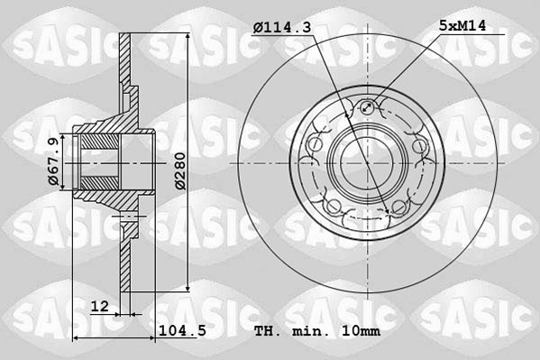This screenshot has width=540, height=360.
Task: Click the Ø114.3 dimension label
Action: pyautogui.click(x=282, y=29)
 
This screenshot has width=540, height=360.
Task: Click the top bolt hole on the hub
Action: pyautogui.click(x=367, y=110)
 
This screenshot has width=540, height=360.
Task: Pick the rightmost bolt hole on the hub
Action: pyautogui.click(x=418, y=146)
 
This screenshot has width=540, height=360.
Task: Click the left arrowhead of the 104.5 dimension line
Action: pyautogui.click(x=76, y=338)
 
